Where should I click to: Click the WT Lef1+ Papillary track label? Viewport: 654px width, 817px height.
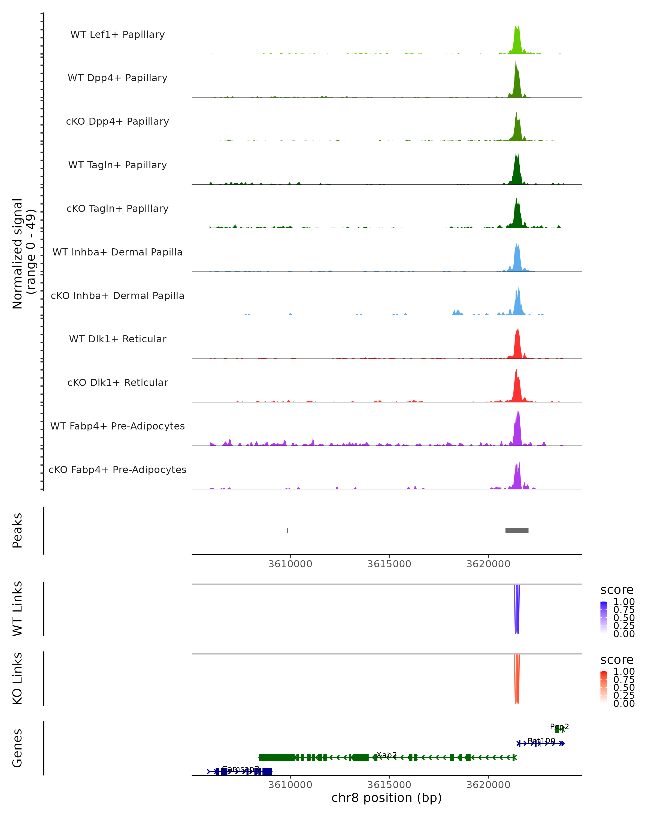(x=117, y=35)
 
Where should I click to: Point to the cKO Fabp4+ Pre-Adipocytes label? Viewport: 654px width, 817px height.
(x=117, y=470)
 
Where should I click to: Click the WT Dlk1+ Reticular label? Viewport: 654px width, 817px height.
(x=117, y=339)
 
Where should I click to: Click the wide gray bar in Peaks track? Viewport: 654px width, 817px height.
(x=517, y=531)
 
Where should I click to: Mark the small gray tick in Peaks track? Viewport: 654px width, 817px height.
(x=287, y=531)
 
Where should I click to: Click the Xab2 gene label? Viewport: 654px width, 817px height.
(x=387, y=755)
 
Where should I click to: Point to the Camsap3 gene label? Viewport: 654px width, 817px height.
(x=240, y=769)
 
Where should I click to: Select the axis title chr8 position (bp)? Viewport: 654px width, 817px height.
(x=386, y=798)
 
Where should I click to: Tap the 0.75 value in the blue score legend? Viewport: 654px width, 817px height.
(x=624, y=610)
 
